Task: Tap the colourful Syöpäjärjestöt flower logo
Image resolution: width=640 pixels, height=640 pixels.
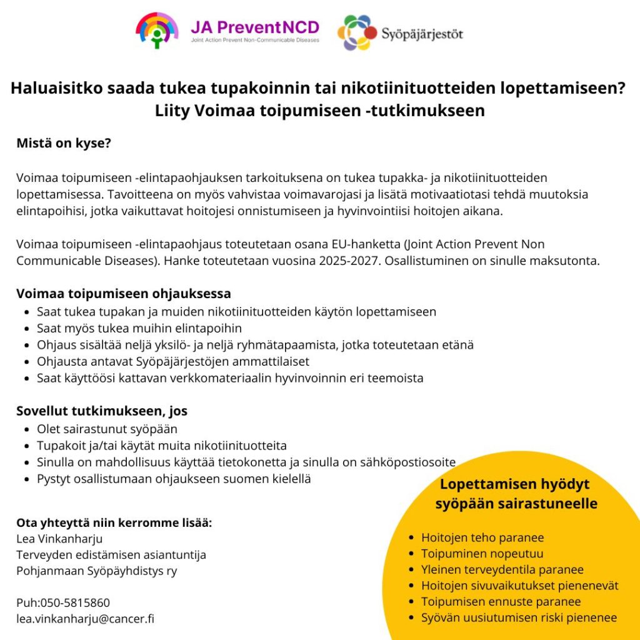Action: (x=357, y=32)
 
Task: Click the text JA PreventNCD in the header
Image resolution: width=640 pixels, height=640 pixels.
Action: (x=255, y=27)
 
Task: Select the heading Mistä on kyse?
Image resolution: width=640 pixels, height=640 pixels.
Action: (x=64, y=143)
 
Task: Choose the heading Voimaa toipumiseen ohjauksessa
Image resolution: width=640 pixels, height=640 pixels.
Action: (x=124, y=293)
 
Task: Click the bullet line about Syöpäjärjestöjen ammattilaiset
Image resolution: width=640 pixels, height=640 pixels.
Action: (x=173, y=361)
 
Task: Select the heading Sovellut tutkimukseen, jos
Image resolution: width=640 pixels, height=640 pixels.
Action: (x=102, y=411)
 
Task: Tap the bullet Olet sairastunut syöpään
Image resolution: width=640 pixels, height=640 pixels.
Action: (x=107, y=429)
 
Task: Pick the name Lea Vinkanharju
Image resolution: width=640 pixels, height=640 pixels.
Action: (x=59, y=539)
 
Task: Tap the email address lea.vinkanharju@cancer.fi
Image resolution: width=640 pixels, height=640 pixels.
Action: (x=86, y=619)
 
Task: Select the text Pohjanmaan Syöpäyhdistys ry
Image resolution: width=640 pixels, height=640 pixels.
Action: (x=97, y=571)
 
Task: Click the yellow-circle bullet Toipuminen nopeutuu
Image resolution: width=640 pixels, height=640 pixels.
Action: (x=482, y=554)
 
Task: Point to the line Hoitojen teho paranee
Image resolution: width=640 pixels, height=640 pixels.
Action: (x=482, y=537)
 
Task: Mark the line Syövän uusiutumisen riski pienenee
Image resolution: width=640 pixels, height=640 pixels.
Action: (x=519, y=618)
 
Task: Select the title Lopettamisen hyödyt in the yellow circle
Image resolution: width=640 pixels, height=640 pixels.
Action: (x=515, y=484)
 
